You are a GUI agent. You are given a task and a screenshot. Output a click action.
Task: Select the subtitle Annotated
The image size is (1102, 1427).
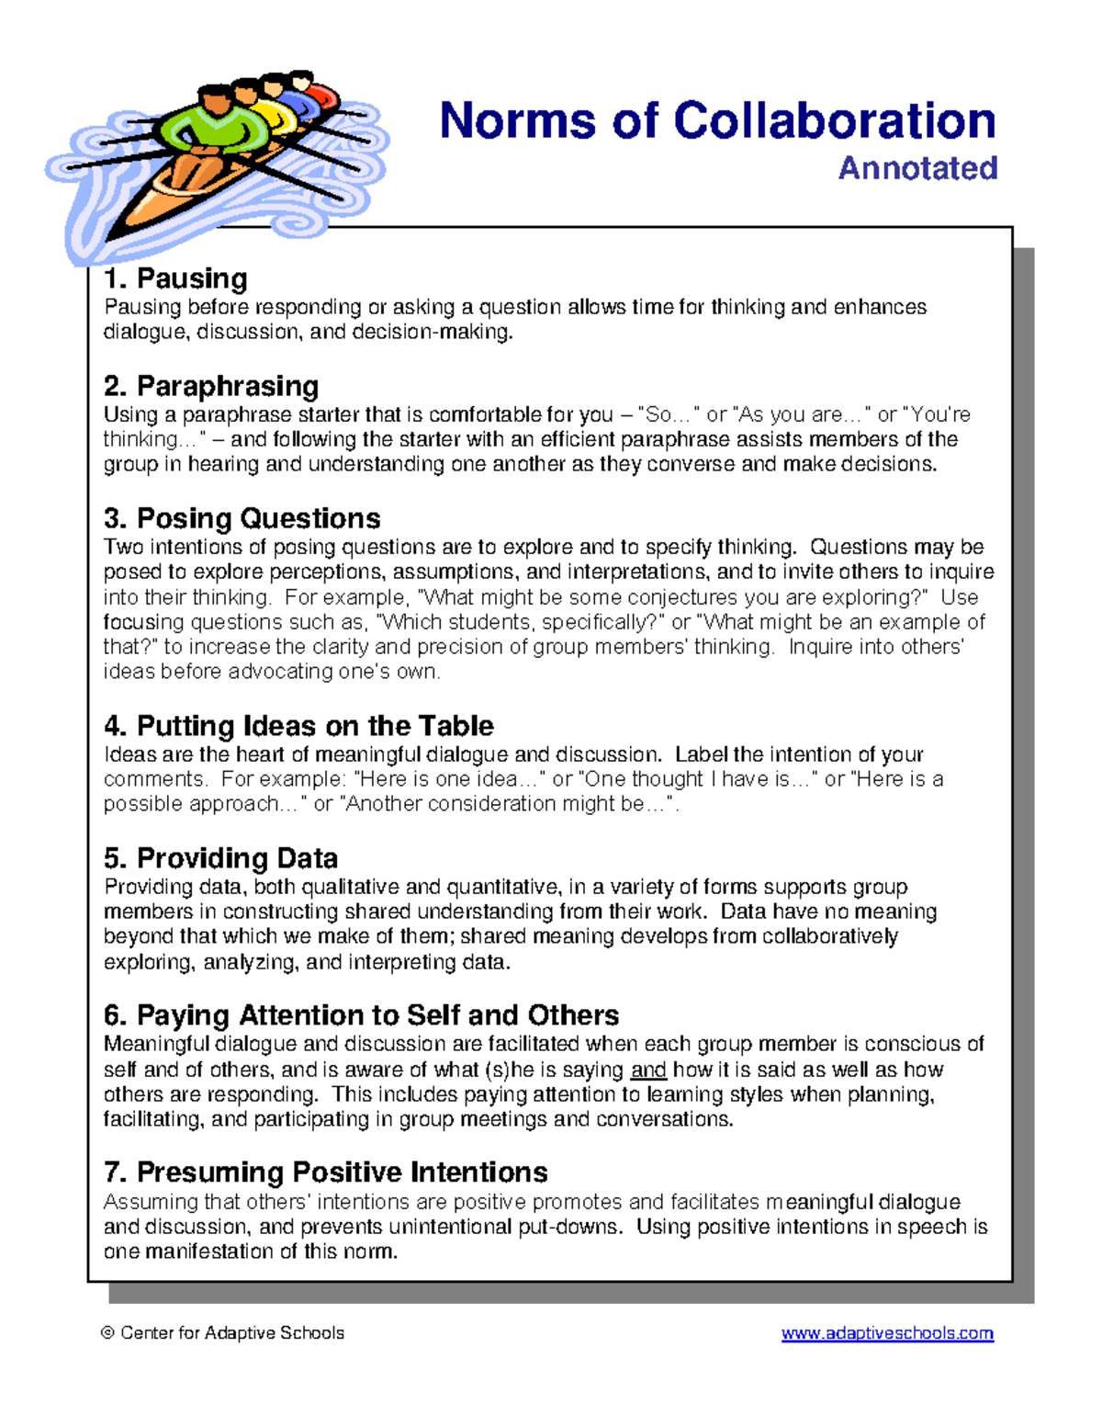tap(917, 168)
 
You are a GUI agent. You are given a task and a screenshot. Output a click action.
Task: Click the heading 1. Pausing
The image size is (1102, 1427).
tap(175, 278)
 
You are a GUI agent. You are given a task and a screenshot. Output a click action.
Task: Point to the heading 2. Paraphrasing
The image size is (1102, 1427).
tap(211, 386)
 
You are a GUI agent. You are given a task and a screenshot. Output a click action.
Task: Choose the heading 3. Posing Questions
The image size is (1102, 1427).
tap(242, 518)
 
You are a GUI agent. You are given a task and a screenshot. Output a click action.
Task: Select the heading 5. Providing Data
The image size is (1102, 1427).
tap(220, 858)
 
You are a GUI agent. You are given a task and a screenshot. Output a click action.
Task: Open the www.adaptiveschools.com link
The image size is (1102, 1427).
tap(887, 1333)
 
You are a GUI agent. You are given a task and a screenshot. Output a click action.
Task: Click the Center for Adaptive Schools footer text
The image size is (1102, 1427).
tap(231, 1333)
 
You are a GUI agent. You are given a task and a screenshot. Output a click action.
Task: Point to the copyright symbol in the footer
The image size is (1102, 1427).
tap(108, 1333)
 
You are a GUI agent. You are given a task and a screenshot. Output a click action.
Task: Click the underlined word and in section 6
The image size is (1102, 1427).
tap(648, 1070)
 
